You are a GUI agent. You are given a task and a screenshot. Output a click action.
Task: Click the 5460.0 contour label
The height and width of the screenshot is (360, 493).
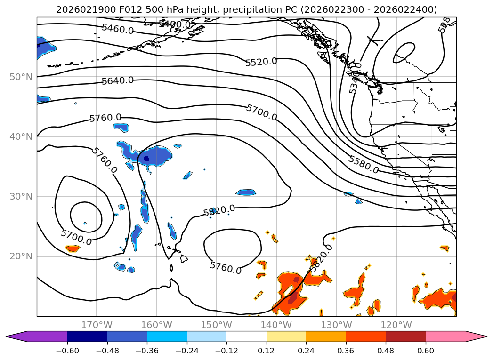coord(117,29)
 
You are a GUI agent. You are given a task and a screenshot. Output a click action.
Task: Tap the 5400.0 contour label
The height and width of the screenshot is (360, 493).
coord(174,24)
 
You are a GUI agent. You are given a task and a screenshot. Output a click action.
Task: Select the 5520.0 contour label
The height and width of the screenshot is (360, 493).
coord(261,62)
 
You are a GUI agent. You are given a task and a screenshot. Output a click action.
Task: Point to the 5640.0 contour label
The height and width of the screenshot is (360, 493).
coord(118,80)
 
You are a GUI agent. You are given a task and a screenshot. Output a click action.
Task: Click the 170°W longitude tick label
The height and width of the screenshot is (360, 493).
coord(97,325)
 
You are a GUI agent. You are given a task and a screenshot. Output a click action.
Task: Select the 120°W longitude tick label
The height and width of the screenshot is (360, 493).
coord(396,325)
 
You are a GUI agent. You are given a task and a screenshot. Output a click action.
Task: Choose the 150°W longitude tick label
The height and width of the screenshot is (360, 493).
coord(216,325)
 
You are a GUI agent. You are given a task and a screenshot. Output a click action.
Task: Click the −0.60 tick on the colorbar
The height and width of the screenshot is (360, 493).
coord(67,351)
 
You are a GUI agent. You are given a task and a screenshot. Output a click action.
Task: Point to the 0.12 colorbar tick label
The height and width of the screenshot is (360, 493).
coord(267,351)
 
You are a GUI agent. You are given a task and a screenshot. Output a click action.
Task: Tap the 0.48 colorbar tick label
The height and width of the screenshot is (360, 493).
coord(386,351)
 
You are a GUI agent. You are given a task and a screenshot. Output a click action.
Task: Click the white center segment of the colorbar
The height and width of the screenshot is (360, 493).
coord(246,336)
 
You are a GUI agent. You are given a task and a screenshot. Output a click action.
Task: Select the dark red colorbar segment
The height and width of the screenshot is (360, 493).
coord(405,336)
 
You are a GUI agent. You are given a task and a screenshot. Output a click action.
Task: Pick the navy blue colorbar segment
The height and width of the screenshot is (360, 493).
coord(87,336)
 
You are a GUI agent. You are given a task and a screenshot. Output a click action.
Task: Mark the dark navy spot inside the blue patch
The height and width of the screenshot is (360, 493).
coord(146,159)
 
